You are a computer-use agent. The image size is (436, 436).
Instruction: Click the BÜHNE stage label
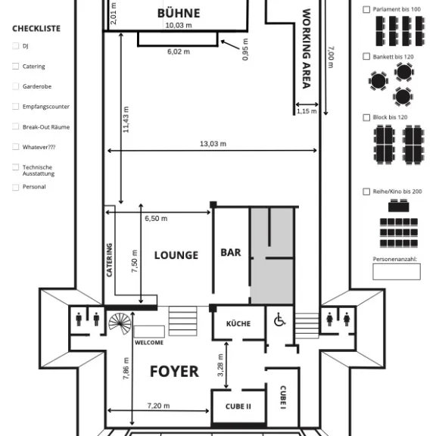point(179,13)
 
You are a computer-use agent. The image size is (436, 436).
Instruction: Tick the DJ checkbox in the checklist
point(15,46)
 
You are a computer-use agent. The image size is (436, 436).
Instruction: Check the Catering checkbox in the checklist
point(15,67)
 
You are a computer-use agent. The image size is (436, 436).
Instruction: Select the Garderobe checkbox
point(15,86)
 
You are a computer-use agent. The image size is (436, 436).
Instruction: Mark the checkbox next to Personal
point(15,187)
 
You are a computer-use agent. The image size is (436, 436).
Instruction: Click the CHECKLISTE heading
point(36,29)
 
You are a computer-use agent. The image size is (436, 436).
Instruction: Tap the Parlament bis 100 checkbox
point(367,10)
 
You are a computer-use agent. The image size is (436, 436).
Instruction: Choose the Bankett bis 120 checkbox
point(367,57)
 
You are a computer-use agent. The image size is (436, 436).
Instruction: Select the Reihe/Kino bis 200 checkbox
point(367,192)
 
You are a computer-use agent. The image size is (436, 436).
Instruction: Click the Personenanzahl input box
point(396,272)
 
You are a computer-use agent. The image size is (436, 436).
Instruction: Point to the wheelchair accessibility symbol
point(279,321)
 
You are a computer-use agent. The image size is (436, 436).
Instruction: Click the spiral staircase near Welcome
point(119,323)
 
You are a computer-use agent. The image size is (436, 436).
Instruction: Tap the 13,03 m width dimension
point(213,144)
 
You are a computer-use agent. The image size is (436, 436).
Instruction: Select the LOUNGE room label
point(176,255)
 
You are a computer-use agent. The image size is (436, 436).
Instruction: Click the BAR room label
point(231,252)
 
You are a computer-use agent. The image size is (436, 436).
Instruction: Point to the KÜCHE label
point(238,324)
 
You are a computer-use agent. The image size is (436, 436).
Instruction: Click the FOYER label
point(174,371)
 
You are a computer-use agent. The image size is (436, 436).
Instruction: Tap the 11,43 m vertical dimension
point(126,120)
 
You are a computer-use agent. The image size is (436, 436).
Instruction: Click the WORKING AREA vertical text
point(307,48)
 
